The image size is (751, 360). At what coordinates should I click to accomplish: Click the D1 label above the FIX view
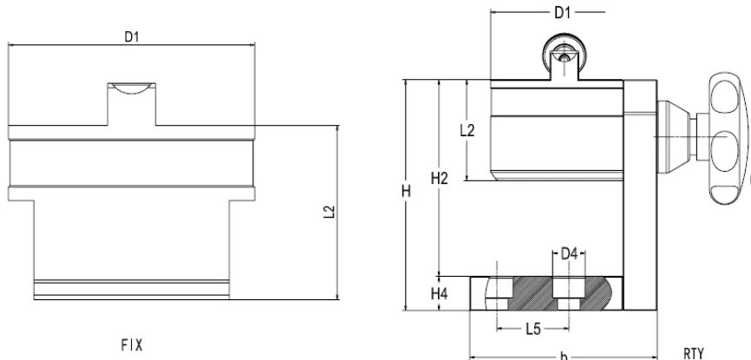tap(132, 36)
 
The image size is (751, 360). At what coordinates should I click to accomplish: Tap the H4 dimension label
tap(440, 293)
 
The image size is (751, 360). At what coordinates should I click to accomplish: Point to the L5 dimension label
tap(532, 329)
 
